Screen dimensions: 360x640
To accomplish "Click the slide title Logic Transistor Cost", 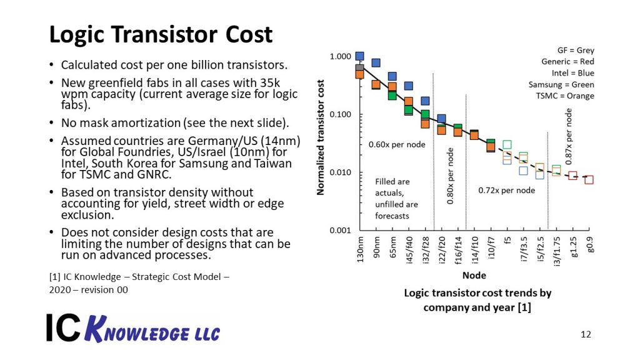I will pos(161,34).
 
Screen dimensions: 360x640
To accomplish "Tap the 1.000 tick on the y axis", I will pos(341,57).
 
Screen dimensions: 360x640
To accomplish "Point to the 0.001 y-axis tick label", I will pos(341,231).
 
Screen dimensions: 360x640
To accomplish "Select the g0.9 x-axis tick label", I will pos(589,246).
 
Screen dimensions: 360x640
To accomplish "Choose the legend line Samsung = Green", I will pos(561,84).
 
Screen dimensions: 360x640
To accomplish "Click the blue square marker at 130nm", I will pos(359,56).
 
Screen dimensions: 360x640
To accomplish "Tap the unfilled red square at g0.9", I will pos(589,180).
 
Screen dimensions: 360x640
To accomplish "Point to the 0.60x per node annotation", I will pos(397,145).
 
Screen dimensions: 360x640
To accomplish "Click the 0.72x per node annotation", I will pos(507,190).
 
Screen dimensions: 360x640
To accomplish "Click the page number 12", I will pos(586,334).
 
